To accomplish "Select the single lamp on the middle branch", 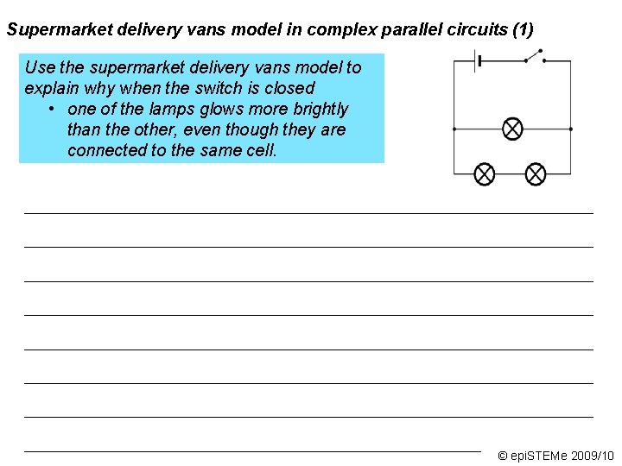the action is coord(512,129).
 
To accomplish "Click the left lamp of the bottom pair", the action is coord(485,174).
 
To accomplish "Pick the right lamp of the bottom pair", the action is coord(536,174).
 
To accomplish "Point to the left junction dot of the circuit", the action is coord(454,129).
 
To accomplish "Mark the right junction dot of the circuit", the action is coord(571,129).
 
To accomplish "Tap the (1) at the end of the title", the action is coord(523,30).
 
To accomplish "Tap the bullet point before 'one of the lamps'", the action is coord(53,110).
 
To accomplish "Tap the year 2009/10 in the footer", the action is coord(593,456).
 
